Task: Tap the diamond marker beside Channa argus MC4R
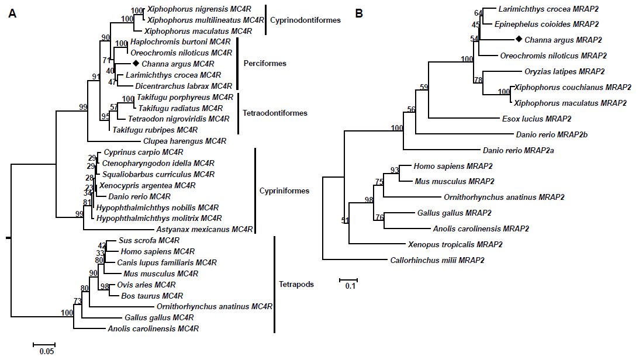click(x=135, y=63)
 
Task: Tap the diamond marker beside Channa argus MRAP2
click(x=518, y=40)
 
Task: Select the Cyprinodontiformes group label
click(x=305, y=20)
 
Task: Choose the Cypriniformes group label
click(x=284, y=191)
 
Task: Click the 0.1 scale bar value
click(x=350, y=286)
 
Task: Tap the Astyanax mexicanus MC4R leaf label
click(x=205, y=230)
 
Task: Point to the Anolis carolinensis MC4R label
click(x=154, y=329)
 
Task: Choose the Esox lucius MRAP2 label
click(x=537, y=119)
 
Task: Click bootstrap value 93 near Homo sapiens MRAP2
click(x=395, y=170)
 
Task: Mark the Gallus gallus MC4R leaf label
click(x=159, y=318)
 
